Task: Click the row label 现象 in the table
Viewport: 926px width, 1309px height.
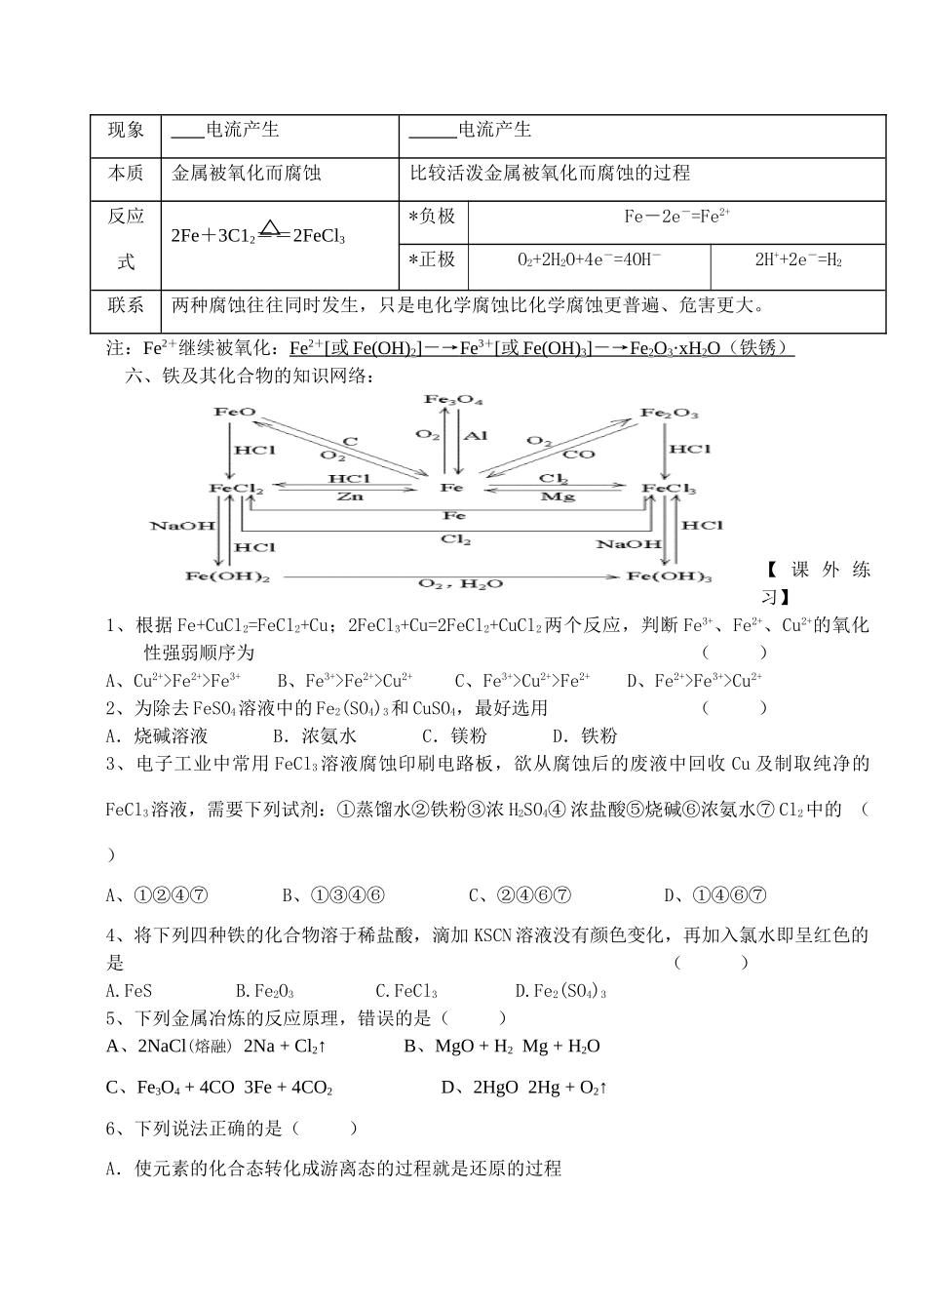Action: [x=126, y=131]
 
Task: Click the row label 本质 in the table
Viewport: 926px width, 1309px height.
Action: [x=126, y=174]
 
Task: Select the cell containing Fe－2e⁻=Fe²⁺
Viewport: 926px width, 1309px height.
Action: [x=677, y=217]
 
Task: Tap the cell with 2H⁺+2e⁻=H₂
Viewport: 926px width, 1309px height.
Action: [x=798, y=259]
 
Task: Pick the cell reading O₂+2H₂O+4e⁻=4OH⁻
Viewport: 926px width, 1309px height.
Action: [x=589, y=259]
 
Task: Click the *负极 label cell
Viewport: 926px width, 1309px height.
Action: [x=432, y=217]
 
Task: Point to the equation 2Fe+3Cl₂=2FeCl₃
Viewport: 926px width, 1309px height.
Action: [x=258, y=234]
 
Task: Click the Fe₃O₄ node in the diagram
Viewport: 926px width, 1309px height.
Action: [x=453, y=400]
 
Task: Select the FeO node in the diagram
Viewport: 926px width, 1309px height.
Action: [x=234, y=412]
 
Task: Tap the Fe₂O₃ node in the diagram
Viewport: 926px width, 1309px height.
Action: [x=669, y=414]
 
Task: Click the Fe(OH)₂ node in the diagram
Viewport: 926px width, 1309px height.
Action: [x=228, y=576]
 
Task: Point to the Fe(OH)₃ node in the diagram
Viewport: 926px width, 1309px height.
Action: [x=669, y=576]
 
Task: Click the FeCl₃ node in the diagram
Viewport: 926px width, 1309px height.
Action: [x=669, y=488]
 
